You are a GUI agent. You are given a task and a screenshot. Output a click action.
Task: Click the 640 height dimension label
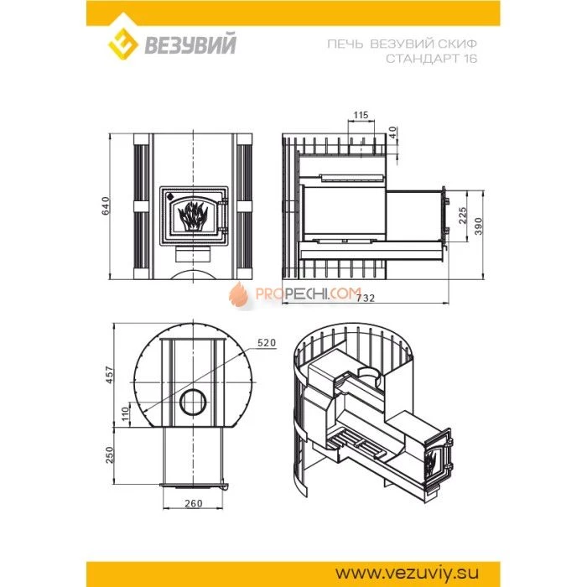(106, 205)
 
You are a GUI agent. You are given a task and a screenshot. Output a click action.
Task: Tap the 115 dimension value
(361, 115)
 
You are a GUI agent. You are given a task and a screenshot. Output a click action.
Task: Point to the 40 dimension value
(392, 132)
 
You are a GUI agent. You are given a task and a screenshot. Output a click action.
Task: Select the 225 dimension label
(463, 216)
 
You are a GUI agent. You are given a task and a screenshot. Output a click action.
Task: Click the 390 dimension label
(479, 226)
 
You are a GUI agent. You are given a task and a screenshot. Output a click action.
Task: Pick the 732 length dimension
(366, 298)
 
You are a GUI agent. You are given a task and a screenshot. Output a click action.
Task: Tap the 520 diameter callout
(267, 342)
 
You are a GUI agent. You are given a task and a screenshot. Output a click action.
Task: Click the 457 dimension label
(109, 375)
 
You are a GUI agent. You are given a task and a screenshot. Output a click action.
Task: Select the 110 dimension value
(125, 414)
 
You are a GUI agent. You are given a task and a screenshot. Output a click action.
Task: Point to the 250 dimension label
(109, 455)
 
